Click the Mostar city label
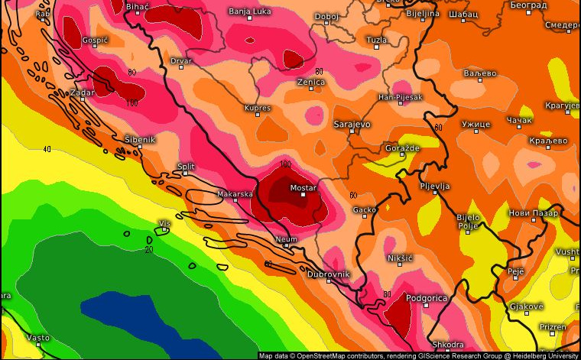coord(303,187)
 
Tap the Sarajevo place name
coord(352,123)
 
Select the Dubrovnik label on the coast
coord(328,274)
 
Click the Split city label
coord(186,166)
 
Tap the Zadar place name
coord(82,92)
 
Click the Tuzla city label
coord(376,39)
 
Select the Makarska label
coord(235,194)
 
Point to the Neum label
coord(287,239)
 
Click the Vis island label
coord(164,223)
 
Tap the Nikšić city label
coord(400,258)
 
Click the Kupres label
coord(257,109)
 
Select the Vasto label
coord(38,337)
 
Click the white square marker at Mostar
coord(303,194)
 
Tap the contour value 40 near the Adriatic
coord(47,149)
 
